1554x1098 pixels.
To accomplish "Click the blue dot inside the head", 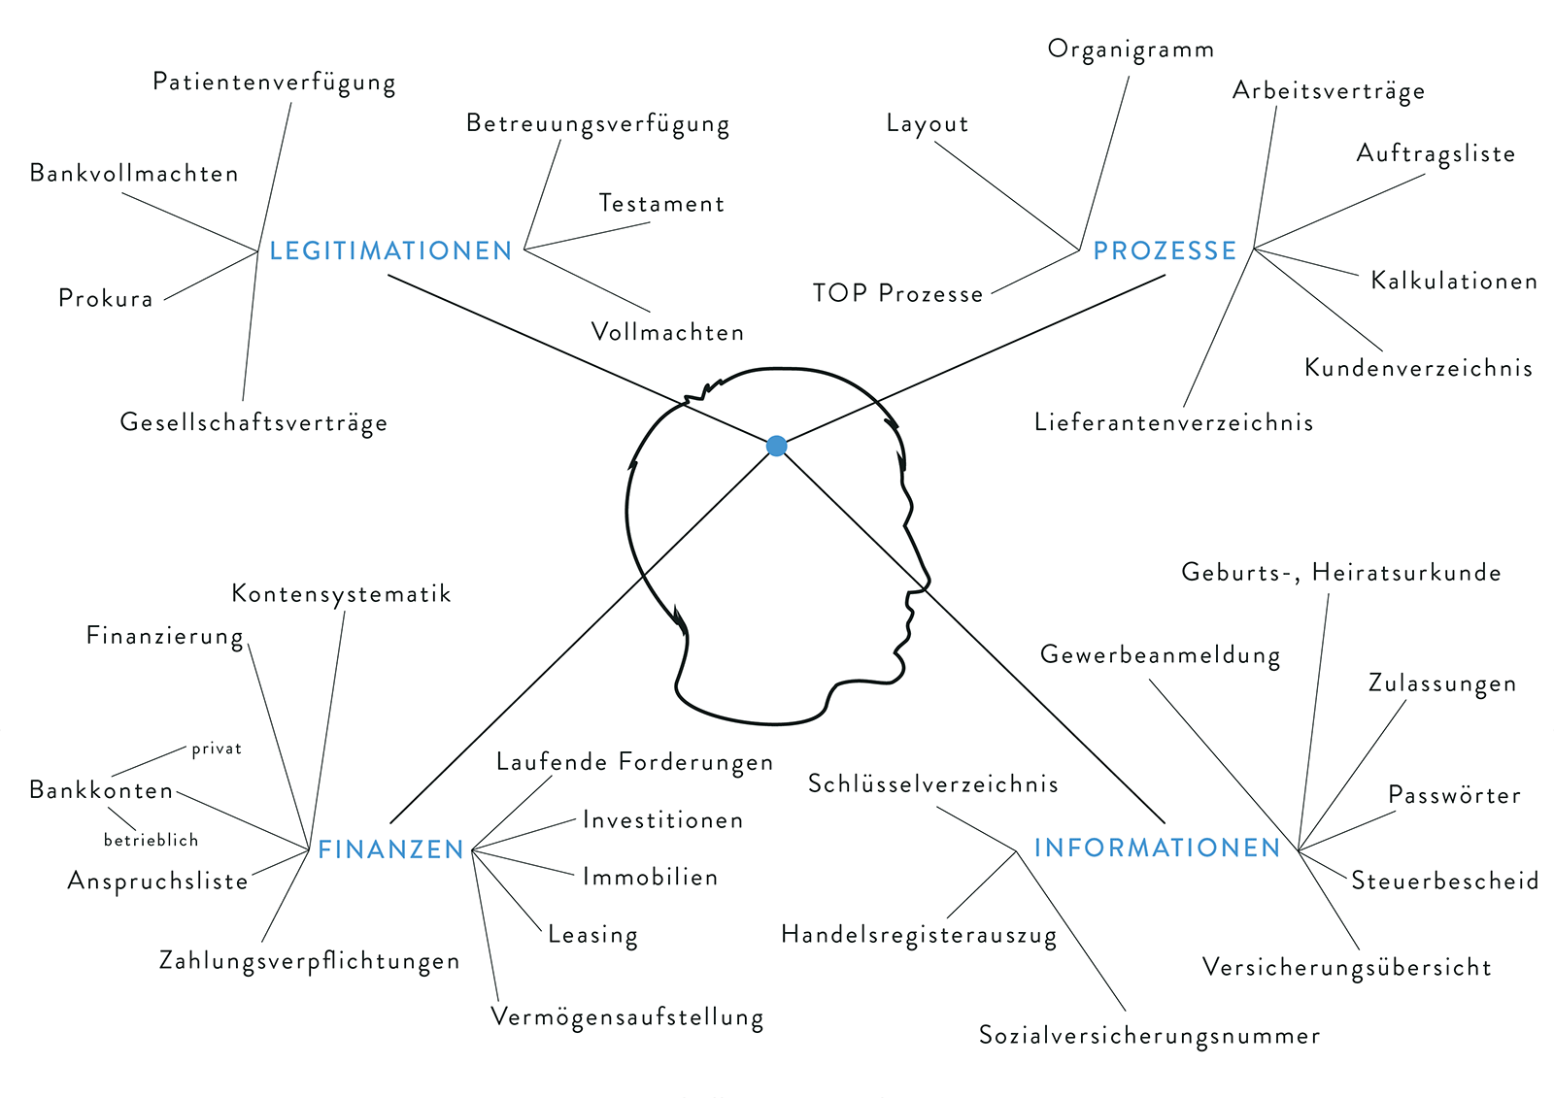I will [776, 446].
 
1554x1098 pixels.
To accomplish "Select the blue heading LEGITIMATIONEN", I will [390, 250].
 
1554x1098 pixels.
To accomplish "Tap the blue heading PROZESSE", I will [1165, 250].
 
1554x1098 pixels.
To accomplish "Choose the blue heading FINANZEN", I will [391, 849].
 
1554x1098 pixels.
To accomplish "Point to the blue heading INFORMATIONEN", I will [1157, 848].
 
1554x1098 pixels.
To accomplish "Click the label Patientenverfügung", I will [274, 82].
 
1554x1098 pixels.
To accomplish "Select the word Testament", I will [661, 204].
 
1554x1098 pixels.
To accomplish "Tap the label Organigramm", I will [1131, 50].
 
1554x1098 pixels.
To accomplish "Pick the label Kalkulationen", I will [1454, 282].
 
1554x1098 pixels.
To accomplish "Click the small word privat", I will [217, 749].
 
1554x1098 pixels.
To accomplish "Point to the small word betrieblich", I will [151, 840].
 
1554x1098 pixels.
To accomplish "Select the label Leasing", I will [592, 935].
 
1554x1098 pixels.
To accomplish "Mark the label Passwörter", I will [1454, 795].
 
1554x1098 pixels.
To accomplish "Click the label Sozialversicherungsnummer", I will [1149, 1036].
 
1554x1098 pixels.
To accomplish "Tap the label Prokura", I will [106, 298].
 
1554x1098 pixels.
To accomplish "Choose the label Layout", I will [928, 124].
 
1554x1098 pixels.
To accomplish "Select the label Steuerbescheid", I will [1444, 881].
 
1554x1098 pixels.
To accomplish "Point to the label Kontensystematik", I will [341, 593].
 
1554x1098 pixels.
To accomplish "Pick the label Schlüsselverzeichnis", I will [932, 783].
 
